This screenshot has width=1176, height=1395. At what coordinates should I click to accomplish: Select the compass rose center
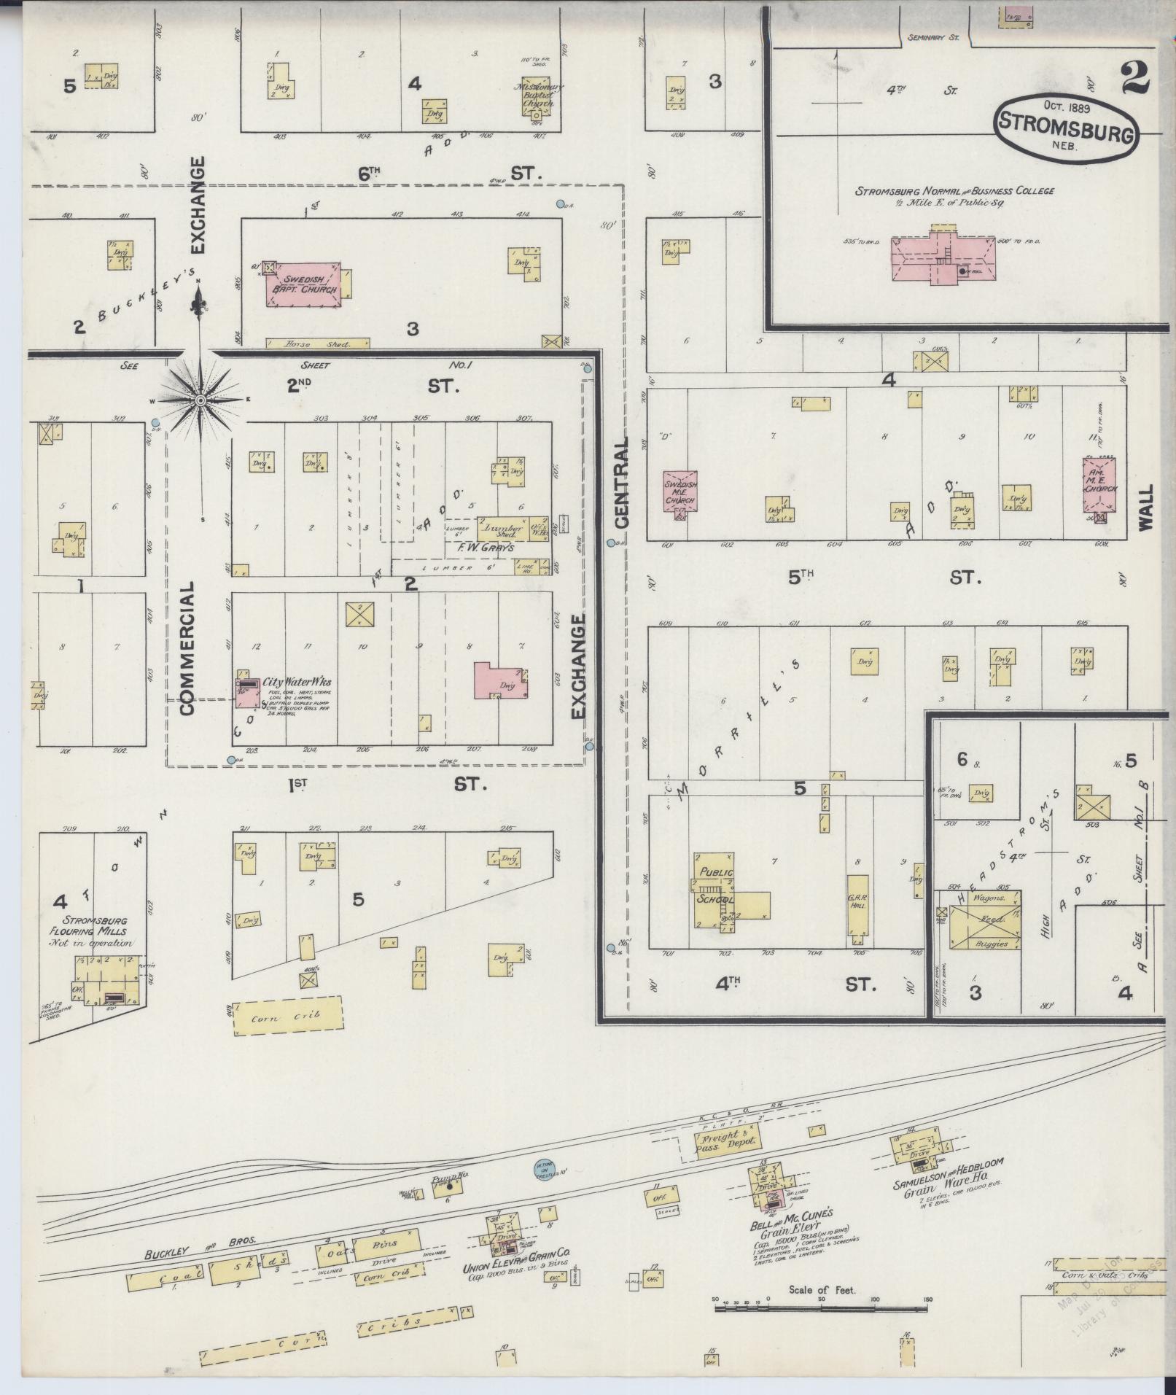coord(200,400)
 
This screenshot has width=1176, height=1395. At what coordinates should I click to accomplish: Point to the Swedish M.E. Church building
coord(680,489)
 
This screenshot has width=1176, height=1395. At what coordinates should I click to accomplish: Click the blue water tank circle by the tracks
coord(542,1168)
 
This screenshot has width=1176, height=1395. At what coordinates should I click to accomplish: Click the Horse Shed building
coord(316,343)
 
